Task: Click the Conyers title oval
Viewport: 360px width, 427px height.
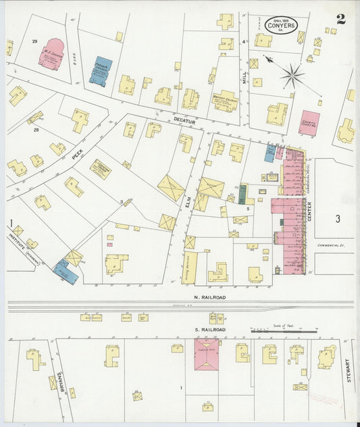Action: click(280, 26)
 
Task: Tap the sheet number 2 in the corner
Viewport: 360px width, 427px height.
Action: click(341, 18)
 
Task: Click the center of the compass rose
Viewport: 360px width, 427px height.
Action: click(292, 75)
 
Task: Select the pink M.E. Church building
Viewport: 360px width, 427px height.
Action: click(51, 55)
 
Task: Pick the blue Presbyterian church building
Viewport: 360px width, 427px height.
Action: click(101, 71)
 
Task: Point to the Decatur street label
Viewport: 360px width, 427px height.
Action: click(183, 120)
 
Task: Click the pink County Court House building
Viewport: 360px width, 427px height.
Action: click(309, 123)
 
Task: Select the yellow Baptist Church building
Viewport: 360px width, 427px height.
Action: click(225, 101)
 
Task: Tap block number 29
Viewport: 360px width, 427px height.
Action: click(34, 42)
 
